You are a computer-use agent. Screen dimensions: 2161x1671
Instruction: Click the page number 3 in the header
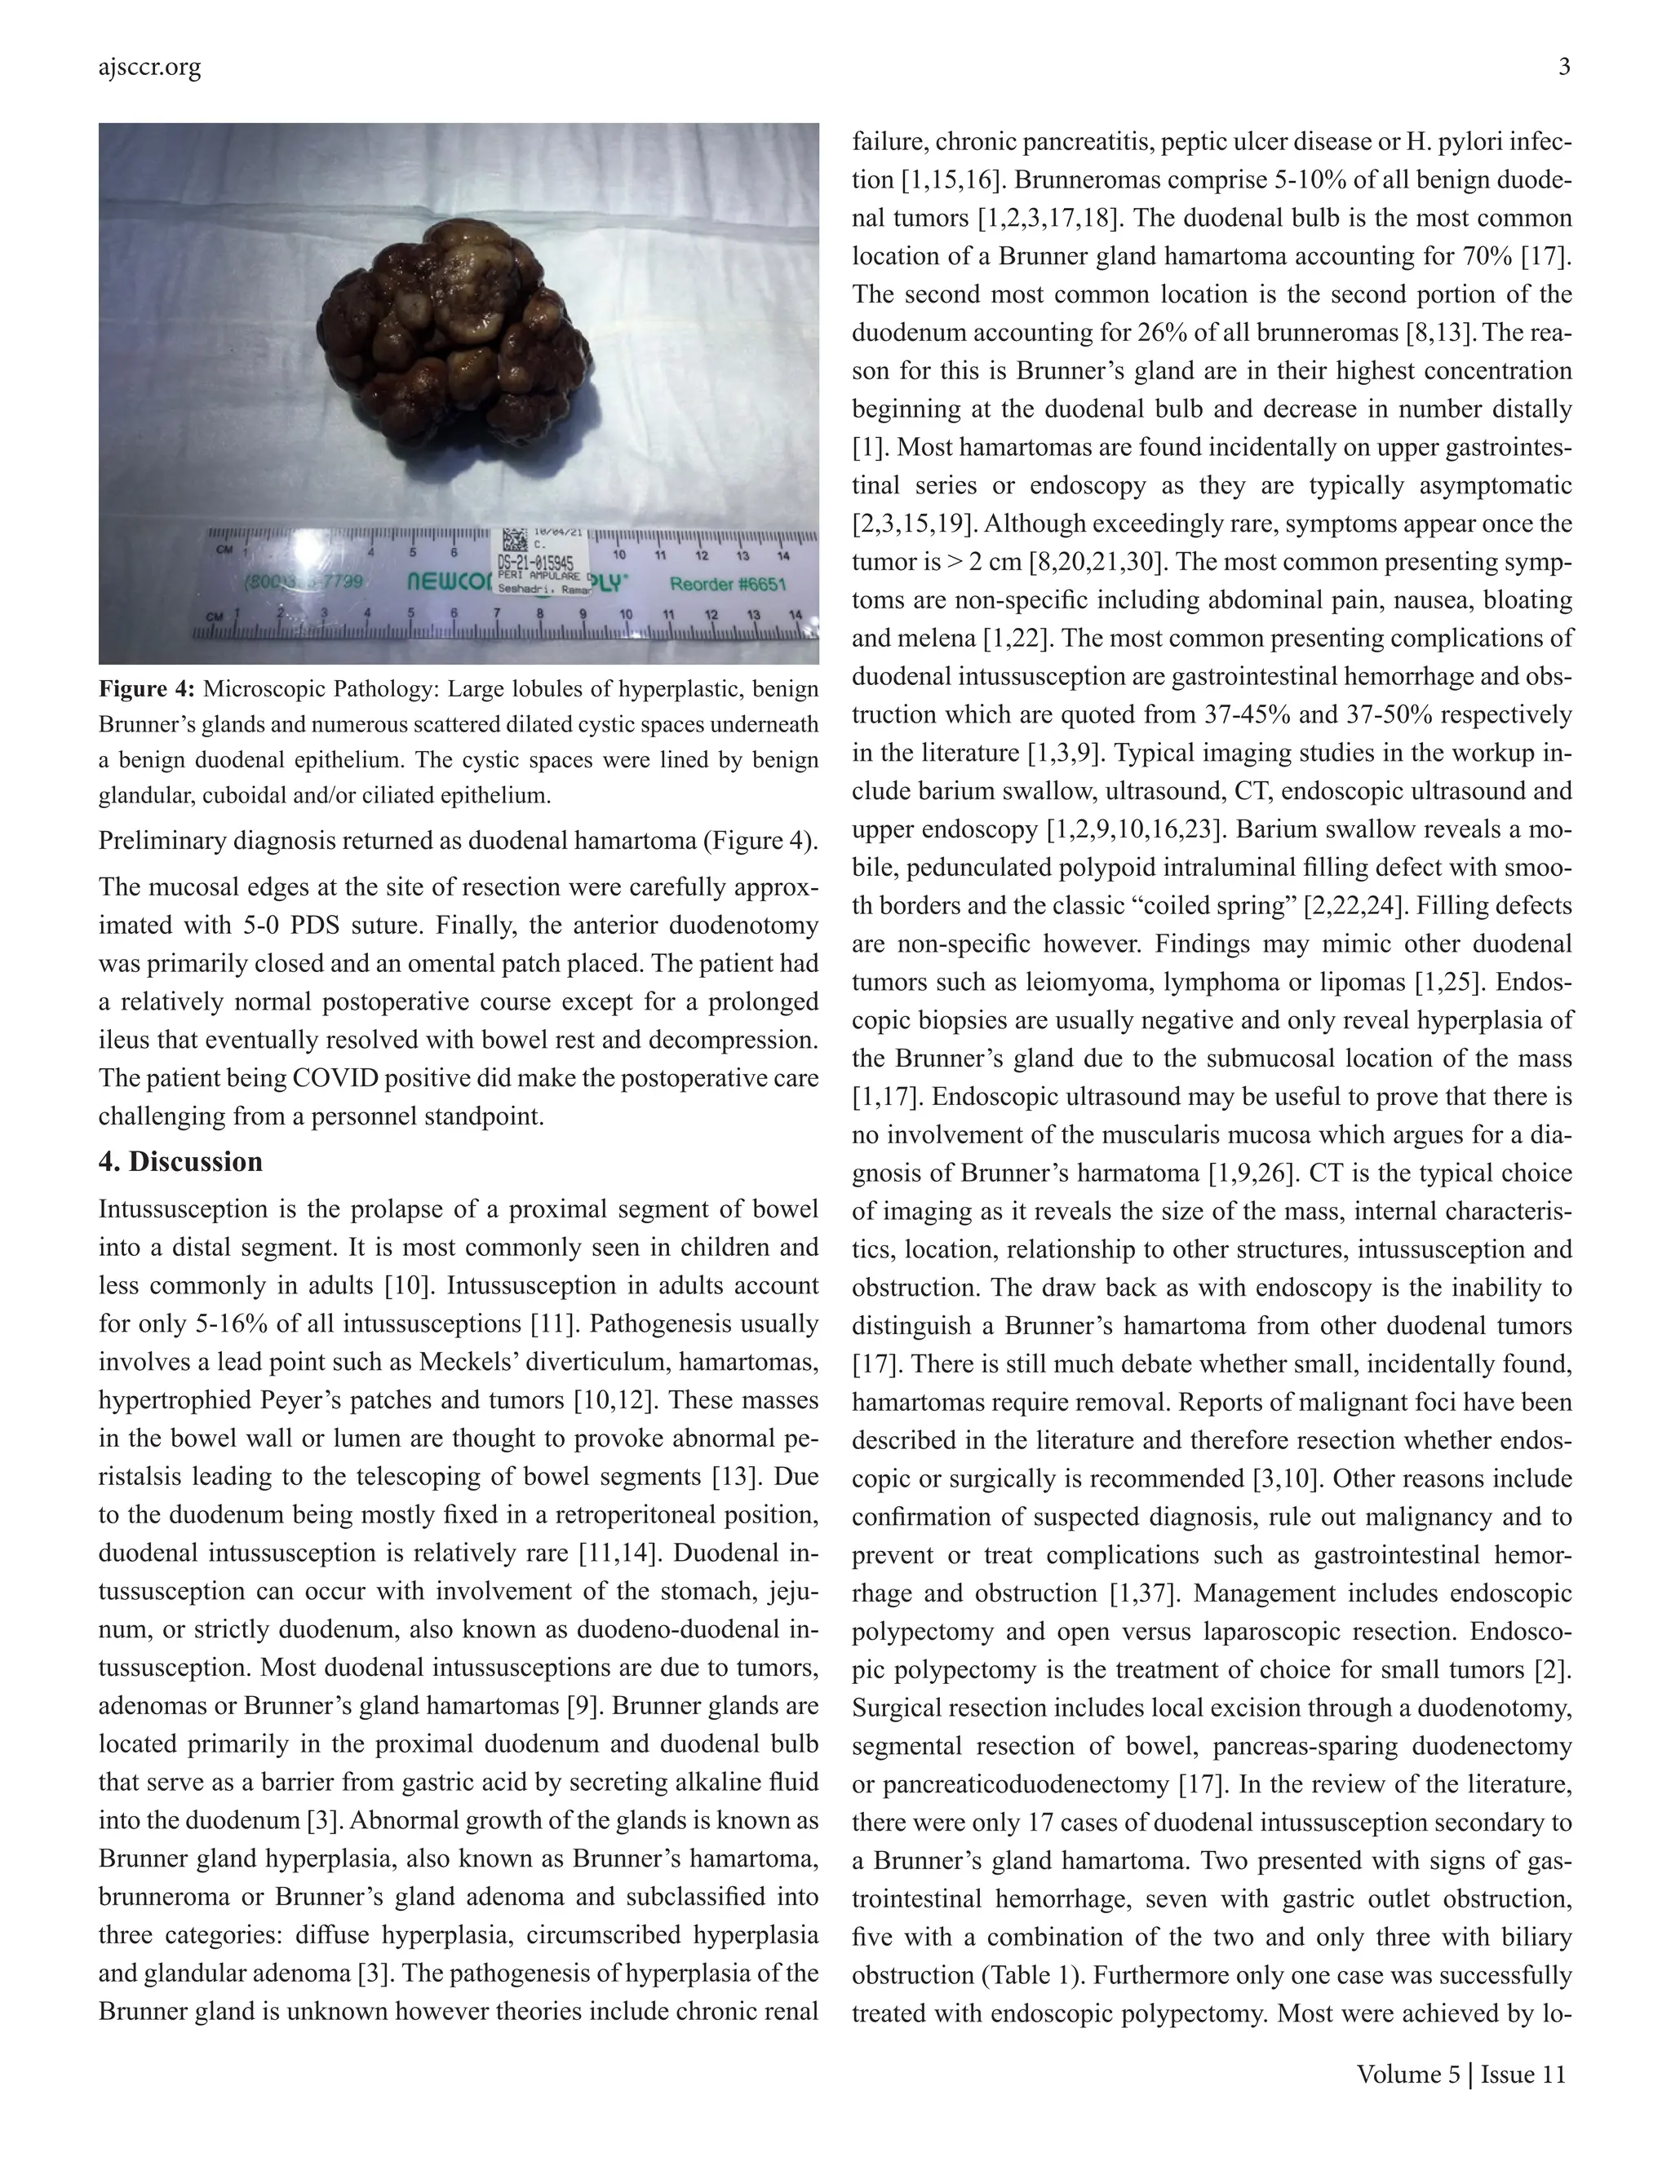click(1564, 68)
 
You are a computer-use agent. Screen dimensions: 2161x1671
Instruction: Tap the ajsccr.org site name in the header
click(149, 68)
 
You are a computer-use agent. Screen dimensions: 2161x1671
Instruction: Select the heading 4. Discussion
click(180, 1161)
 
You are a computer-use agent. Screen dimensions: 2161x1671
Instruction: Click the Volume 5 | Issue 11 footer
click(1461, 2074)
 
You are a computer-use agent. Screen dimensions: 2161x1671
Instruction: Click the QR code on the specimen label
click(514, 539)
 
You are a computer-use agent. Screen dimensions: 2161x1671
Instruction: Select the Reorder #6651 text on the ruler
click(728, 585)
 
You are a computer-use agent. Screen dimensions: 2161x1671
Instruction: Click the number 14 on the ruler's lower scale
click(794, 615)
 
